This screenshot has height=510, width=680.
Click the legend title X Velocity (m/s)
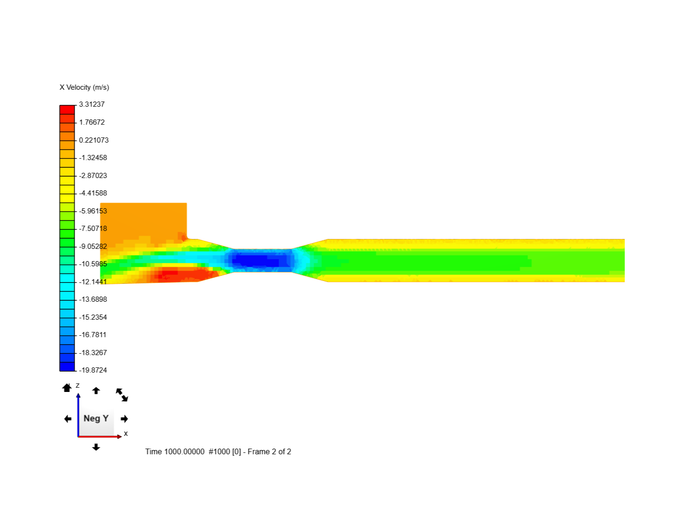click(84, 87)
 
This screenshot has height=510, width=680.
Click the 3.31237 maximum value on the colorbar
click(92, 104)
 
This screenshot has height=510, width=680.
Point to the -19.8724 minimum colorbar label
click(93, 370)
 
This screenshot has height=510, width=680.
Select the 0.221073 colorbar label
click(93, 140)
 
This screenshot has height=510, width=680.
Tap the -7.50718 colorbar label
click(93, 229)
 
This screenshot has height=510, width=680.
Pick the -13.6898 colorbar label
click(93, 299)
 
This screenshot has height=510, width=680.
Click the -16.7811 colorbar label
click(93, 335)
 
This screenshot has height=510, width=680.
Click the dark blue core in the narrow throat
click(257, 260)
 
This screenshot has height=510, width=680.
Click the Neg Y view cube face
click(96, 418)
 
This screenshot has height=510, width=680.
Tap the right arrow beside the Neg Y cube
click(125, 419)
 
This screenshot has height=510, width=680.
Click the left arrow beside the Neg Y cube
click(68, 419)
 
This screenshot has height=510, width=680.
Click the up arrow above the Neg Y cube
click(96, 391)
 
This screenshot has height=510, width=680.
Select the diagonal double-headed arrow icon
click(122, 395)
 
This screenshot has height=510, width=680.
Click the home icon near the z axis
click(67, 388)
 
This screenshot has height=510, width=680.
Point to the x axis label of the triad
click(126, 433)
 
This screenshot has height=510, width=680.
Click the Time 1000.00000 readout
click(175, 451)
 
